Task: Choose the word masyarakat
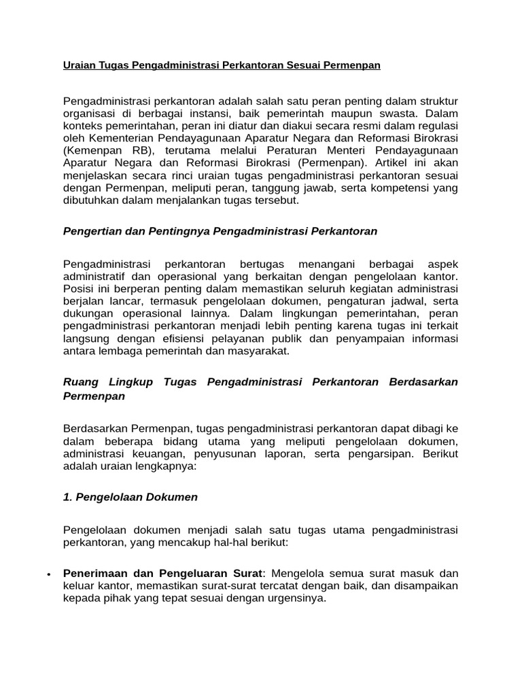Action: pos(259,351)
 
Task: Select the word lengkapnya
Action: pos(164,466)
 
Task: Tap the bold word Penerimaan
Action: pos(97,574)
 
